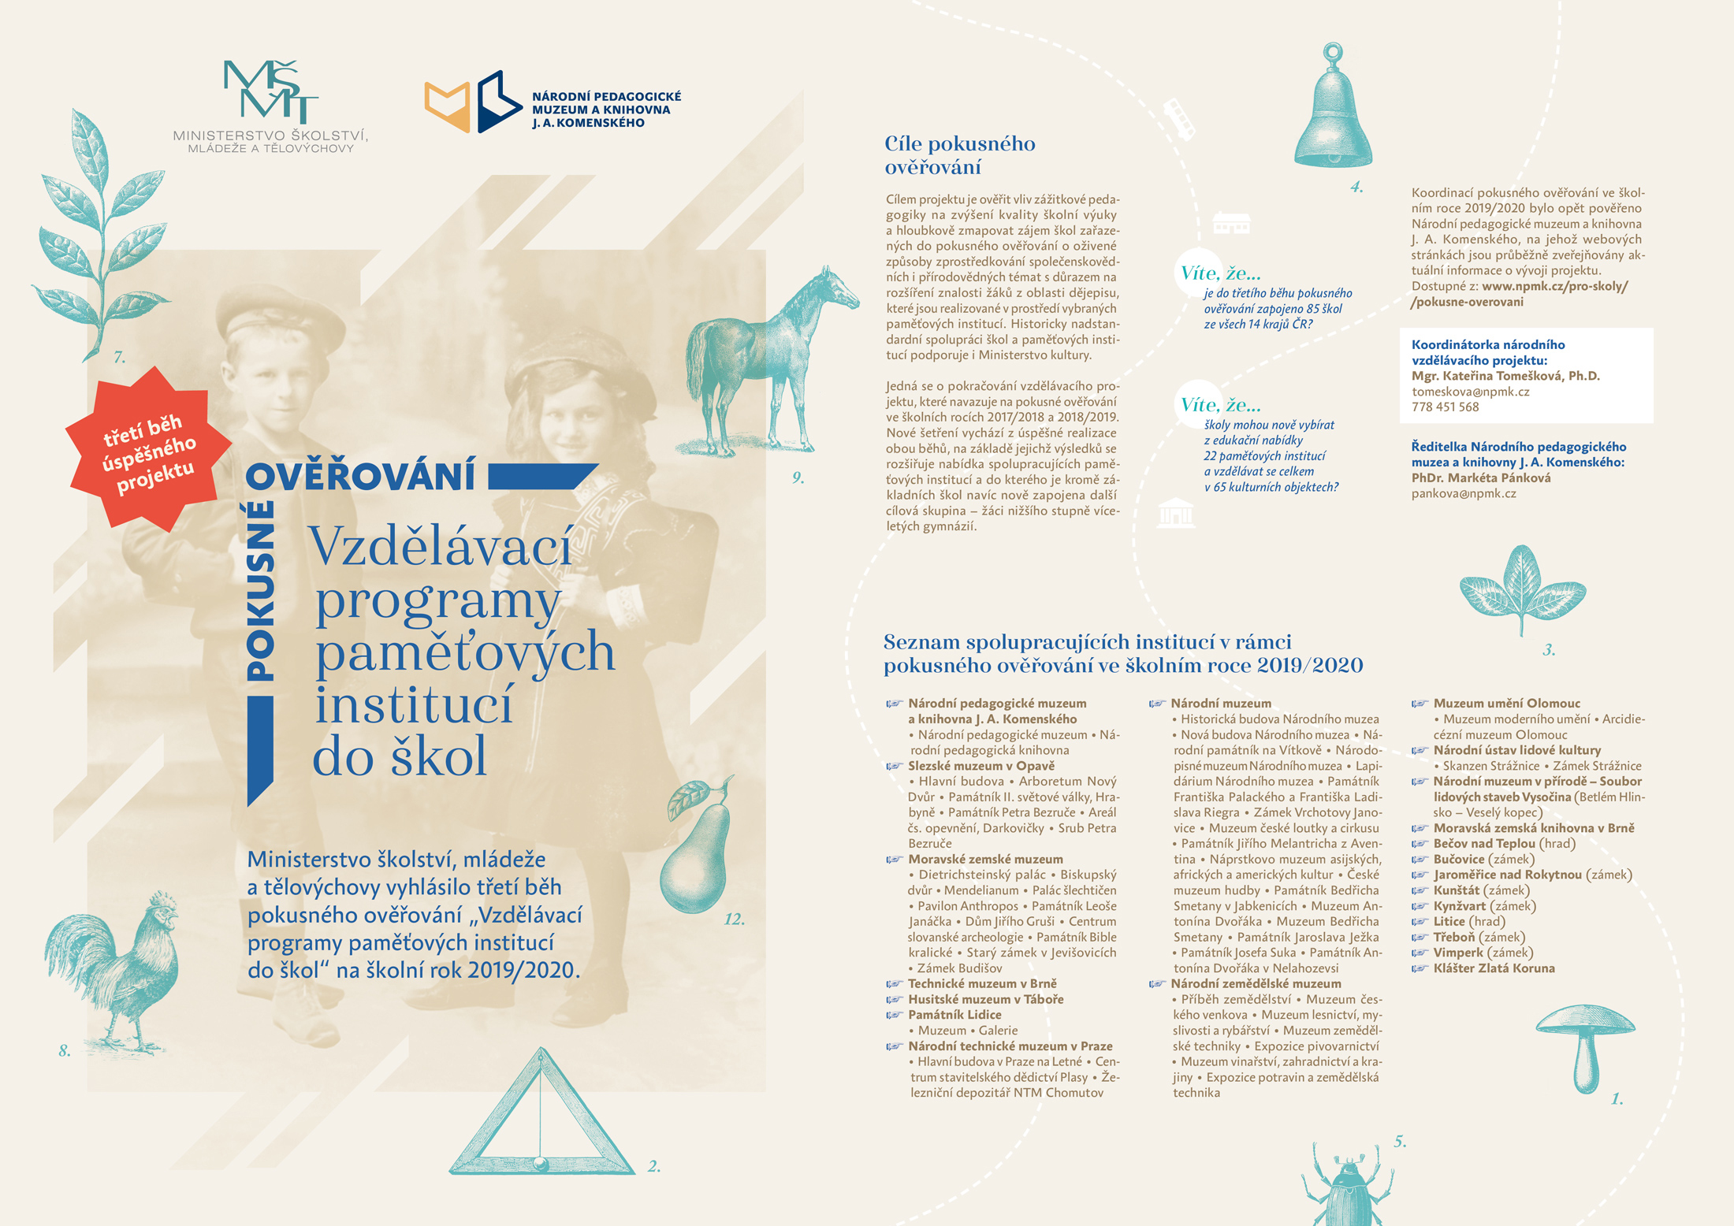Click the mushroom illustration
[x=1584, y=1044]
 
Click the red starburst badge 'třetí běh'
[x=148, y=449]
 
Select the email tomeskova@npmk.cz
[x=1470, y=392]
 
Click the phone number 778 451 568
[x=1445, y=407]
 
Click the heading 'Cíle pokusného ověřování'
[x=959, y=155]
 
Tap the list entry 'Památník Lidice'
[x=954, y=1015]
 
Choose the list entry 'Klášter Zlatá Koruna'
[x=1494, y=968]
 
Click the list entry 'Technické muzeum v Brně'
[x=982, y=983]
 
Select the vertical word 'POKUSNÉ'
[x=261, y=591]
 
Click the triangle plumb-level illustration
[x=541, y=1119]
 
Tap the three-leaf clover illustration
[x=1521, y=587]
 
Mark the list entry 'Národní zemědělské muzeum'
[x=1255, y=983]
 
